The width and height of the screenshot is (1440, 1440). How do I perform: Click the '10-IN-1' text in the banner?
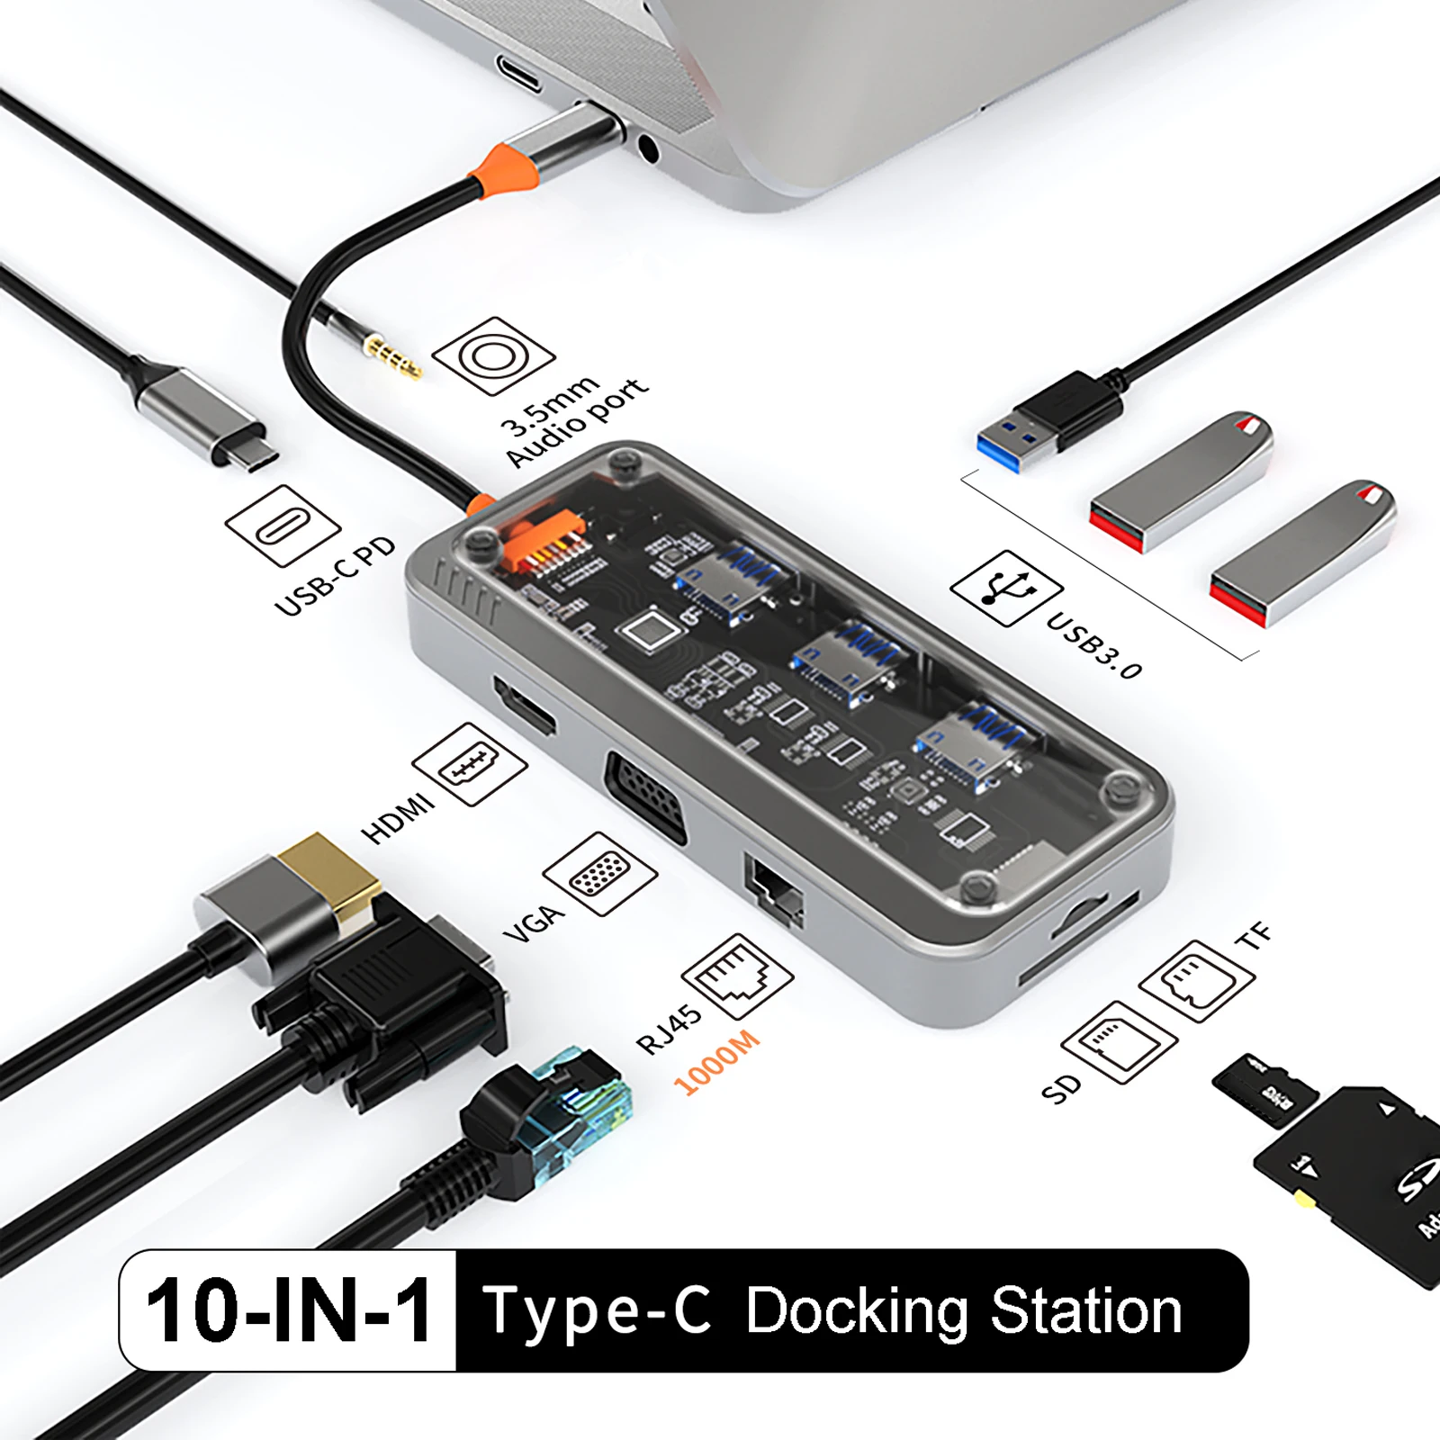(x=288, y=1311)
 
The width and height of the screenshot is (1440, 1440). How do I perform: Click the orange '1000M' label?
(x=716, y=1063)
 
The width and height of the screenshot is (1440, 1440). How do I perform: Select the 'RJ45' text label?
(x=668, y=1029)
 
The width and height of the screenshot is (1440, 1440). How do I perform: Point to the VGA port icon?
(x=599, y=874)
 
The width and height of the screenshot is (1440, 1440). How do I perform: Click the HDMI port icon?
(x=469, y=764)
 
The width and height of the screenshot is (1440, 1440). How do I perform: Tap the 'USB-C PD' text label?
(x=334, y=577)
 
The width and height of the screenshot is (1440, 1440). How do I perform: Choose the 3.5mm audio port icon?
(x=493, y=356)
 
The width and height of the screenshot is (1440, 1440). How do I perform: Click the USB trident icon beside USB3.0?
(x=1006, y=589)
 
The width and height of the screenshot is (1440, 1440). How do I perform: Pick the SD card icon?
(x=1119, y=1041)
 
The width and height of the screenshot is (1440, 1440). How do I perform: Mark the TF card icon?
(x=1196, y=981)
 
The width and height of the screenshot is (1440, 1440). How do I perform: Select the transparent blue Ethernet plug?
(x=576, y=1111)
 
